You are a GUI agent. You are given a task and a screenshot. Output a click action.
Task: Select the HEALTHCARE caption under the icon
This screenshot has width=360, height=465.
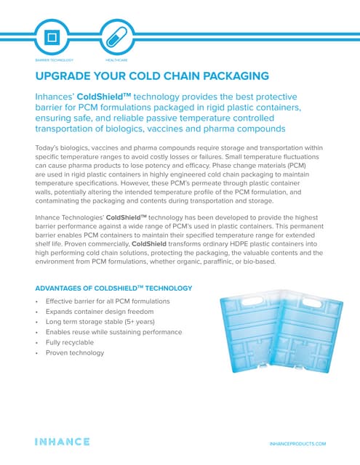(116, 60)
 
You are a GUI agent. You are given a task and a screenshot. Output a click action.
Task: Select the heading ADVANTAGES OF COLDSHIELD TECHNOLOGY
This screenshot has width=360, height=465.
(113, 288)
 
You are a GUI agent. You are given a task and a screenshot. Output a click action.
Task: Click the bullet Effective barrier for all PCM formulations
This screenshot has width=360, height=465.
(107, 301)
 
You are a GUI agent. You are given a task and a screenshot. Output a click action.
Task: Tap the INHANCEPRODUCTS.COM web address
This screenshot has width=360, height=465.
(297, 442)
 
